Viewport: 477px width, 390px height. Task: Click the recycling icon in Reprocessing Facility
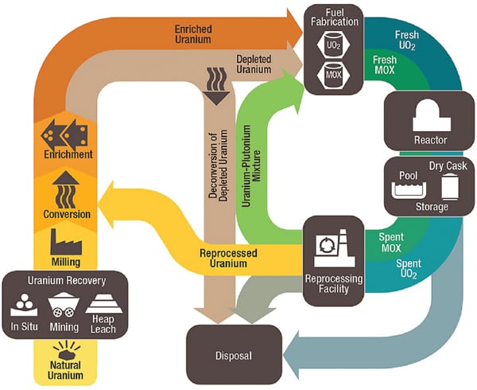(x=328, y=248)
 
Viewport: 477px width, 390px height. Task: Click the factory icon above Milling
(x=65, y=240)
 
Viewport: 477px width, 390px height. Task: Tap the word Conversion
(x=65, y=214)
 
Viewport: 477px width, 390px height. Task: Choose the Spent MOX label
(x=391, y=241)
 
